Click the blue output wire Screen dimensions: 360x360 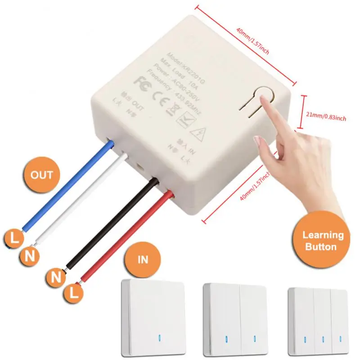tap(67, 189)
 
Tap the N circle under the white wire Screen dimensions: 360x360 tap(30, 257)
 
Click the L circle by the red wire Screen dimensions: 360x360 tap(75, 294)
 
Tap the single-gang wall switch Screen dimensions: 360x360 tap(153, 317)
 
